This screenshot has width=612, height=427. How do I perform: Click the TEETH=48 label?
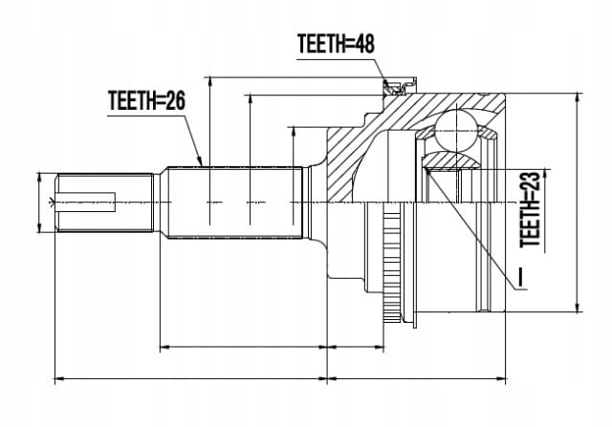tap(336, 43)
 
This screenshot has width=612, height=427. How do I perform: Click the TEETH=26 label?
tap(146, 100)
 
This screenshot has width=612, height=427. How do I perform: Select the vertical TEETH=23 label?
tap(531, 209)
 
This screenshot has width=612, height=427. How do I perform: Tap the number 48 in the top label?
tap(362, 43)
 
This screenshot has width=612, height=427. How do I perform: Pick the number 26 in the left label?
tap(174, 100)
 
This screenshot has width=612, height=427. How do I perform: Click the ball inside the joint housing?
tap(456, 130)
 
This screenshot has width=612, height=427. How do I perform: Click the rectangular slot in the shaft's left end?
tap(85, 202)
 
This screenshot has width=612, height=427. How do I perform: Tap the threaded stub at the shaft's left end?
tap(104, 203)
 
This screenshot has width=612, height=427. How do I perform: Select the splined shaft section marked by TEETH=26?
tap(235, 203)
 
